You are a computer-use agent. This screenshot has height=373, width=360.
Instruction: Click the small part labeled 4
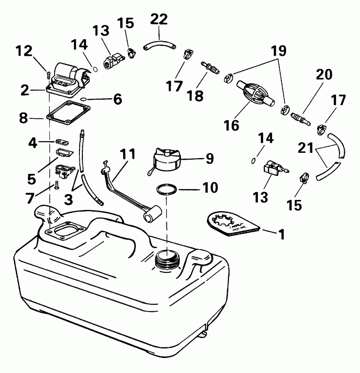coord(63,141)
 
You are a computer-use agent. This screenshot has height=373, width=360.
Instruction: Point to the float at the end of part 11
coord(152,213)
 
